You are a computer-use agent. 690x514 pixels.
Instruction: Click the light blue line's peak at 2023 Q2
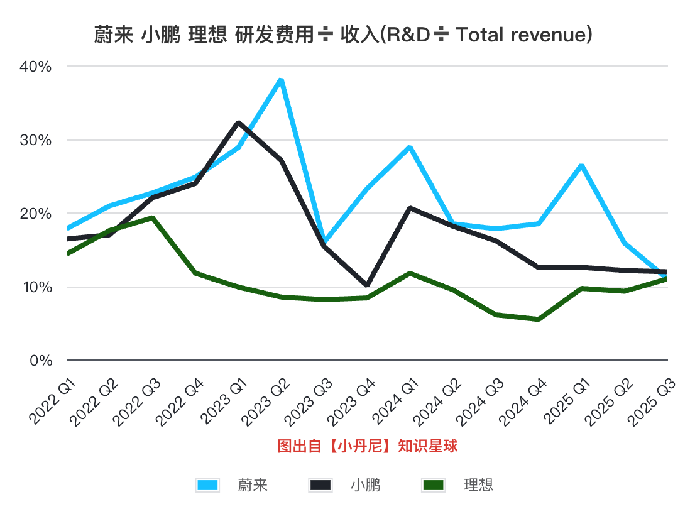click(281, 80)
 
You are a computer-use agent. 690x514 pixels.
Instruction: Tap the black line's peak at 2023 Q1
click(238, 123)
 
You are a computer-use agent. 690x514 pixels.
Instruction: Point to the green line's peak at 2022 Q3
click(153, 217)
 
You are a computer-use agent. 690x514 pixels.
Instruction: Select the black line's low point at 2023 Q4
click(367, 285)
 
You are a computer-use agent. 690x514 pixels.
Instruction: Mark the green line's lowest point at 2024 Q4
click(539, 319)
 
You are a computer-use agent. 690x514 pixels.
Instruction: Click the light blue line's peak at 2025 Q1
click(581, 165)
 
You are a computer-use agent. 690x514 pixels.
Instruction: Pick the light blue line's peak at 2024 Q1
click(410, 148)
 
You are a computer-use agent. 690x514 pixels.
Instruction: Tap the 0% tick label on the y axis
click(42, 361)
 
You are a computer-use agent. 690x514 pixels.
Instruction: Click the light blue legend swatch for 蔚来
click(208, 485)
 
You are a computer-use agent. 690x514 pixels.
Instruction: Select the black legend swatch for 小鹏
click(320, 485)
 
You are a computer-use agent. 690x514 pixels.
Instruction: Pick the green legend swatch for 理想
click(434, 485)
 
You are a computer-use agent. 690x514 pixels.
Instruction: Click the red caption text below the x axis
click(367, 447)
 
